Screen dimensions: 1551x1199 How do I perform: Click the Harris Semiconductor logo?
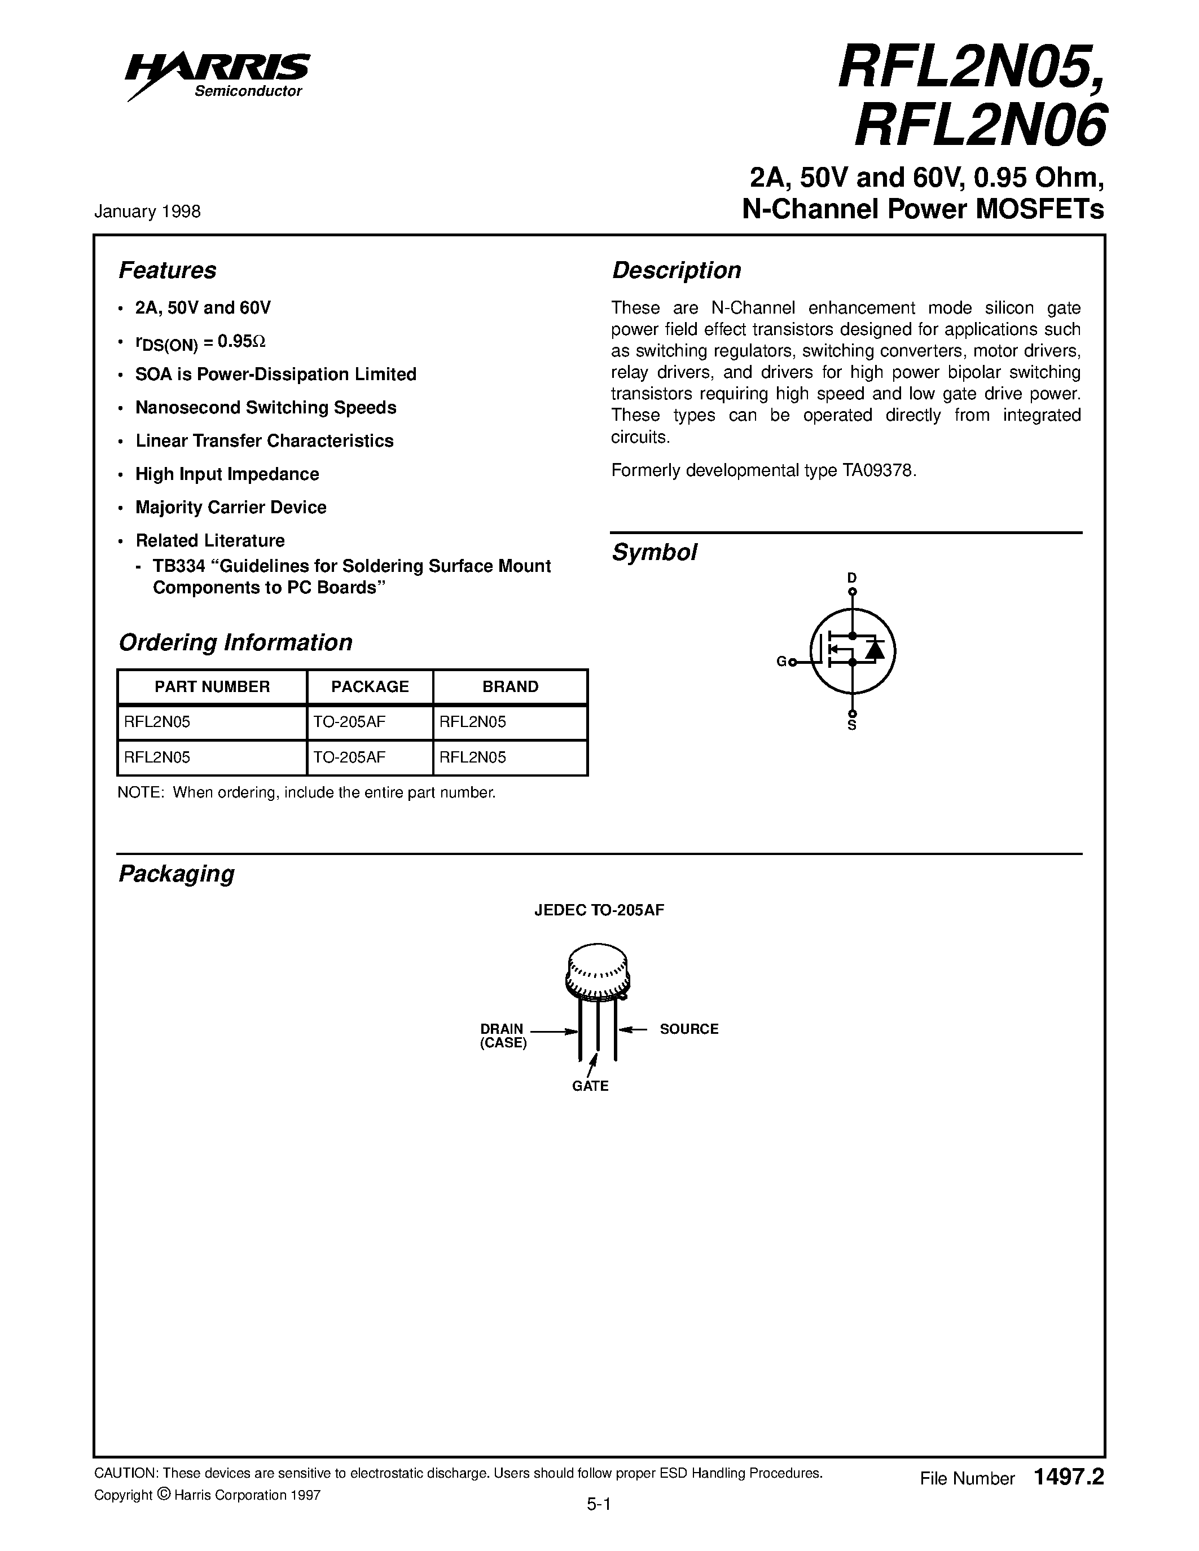click(x=217, y=74)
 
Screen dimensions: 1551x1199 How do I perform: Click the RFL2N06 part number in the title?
click(x=980, y=125)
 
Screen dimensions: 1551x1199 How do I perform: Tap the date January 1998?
click(x=148, y=211)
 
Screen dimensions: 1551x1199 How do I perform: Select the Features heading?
click(x=167, y=271)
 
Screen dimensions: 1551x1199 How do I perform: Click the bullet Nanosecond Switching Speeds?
click(x=266, y=408)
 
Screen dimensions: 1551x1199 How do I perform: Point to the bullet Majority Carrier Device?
click(x=231, y=507)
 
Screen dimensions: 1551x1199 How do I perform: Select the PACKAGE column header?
click(x=370, y=687)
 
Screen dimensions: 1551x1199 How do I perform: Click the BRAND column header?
click(x=510, y=687)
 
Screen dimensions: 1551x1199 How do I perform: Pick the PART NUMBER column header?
click(x=212, y=687)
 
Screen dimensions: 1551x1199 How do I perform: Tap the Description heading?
click(x=676, y=271)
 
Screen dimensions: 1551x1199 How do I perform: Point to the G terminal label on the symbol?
click(x=781, y=662)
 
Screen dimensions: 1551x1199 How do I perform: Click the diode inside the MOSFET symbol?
click(x=876, y=649)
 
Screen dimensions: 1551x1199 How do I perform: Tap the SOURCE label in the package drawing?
click(x=688, y=1029)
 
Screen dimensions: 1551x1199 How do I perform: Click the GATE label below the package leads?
click(x=590, y=1086)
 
